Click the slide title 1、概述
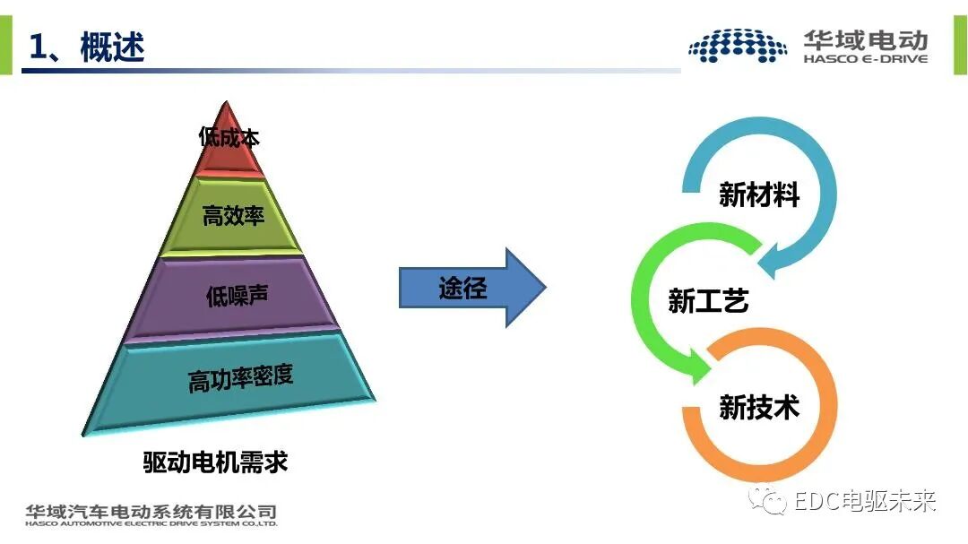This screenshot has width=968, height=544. tap(87, 47)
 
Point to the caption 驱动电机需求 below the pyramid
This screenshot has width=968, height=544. tap(215, 462)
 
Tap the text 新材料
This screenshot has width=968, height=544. tap(758, 194)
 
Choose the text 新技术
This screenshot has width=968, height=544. tap(758, 408)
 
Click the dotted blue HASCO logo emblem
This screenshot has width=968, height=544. tap(738, 46)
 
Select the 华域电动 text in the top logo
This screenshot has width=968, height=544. tap(865, 39)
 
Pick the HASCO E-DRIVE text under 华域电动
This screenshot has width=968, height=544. tap(865, 59)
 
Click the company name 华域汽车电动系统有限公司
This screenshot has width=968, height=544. tap(151, 511)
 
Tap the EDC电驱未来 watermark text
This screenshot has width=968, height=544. tap(865, 500)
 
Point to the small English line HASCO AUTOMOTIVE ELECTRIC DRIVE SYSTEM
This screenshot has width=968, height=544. tap(151, 523)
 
